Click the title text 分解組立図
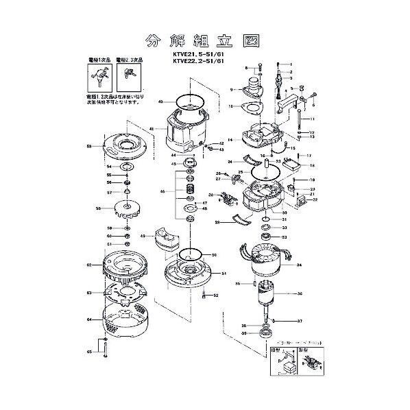pos(204,38)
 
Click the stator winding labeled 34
pos(264,262)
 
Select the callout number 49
pos(142,236)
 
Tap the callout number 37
pos(300,321)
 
